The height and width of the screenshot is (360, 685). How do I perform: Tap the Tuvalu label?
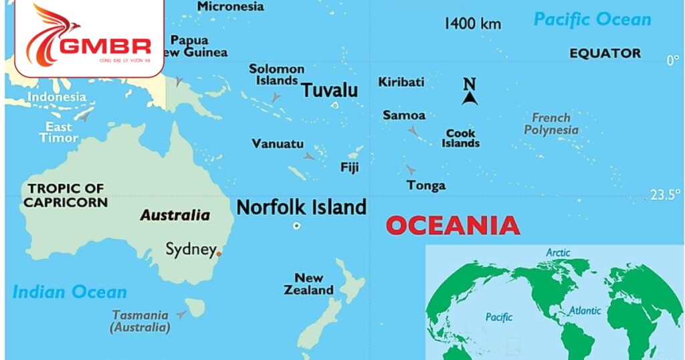point(329,90)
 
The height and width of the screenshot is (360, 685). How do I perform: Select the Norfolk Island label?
point(301,207)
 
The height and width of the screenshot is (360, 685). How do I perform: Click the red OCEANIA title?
point(453,226)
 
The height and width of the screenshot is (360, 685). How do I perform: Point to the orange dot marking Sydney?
point(218,254)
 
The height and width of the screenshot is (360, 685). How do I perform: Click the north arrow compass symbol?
point(470,92)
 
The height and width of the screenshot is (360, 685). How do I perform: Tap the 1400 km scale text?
point(472,24)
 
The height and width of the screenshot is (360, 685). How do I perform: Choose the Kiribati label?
point(401,82)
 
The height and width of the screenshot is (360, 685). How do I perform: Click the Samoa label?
point(403,116)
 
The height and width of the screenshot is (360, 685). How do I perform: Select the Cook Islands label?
point(461,139)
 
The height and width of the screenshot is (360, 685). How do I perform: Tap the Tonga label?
point(426,185)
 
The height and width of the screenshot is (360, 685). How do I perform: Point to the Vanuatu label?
point(278,144)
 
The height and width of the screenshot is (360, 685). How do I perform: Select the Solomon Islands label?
point(276,74)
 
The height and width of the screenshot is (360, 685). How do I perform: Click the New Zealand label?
point(308,284)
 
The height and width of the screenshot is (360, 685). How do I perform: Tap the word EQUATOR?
point(605,54)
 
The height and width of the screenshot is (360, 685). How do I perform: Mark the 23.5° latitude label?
point(666,195)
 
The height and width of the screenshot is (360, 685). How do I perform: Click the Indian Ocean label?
point(69,292)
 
